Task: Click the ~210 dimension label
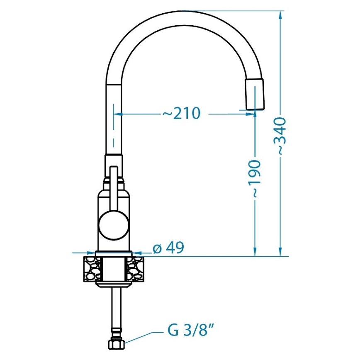tap(181, 113)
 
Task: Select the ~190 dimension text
tap(255, 178)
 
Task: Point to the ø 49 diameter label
tap(168, 248)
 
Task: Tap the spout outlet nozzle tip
tap(255, 95)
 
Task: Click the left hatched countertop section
tap(92, 269)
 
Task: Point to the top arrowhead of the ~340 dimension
tap(281, 15)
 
